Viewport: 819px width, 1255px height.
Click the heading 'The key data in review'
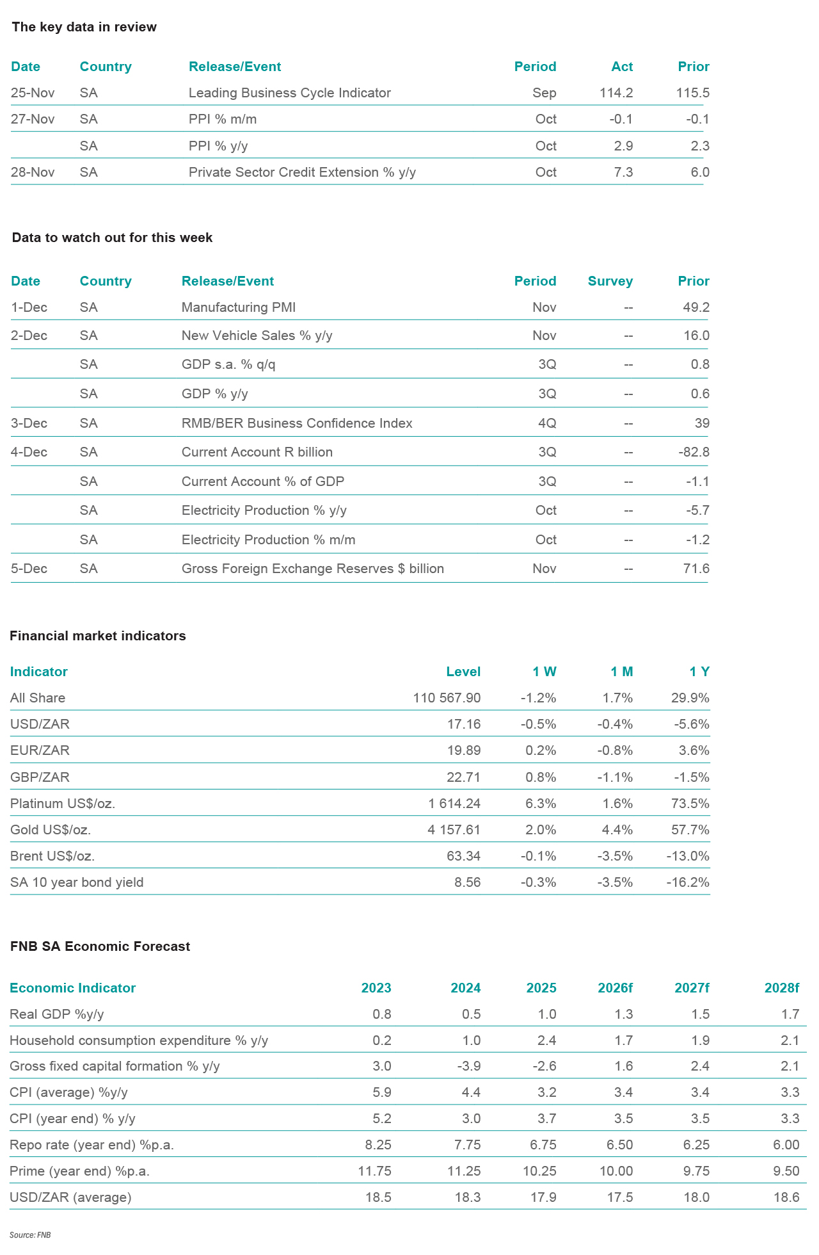(84, 27)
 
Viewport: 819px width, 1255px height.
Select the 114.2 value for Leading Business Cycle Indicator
(616, 93)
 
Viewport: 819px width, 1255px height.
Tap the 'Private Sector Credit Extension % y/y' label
(302, 172)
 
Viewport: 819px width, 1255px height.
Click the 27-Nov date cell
(33, 119)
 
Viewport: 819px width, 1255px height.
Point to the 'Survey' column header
(610, 281)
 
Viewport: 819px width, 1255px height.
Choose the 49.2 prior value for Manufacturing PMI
(696, 307)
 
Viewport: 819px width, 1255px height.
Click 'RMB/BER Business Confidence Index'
(297, 423)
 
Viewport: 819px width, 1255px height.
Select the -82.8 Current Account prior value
(694, 452)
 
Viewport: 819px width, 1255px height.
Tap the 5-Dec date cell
(29, 569)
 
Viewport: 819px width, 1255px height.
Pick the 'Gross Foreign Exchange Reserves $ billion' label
(312, 569)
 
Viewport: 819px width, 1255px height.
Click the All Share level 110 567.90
(447, 698)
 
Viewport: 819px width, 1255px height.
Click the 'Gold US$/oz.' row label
(51, 830)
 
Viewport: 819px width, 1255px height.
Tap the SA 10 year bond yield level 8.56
(467, 882)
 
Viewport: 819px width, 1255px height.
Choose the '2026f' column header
(615, 988)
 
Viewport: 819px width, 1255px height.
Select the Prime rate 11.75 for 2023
(374, 1171)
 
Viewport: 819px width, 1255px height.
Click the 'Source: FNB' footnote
(29, 1235)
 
